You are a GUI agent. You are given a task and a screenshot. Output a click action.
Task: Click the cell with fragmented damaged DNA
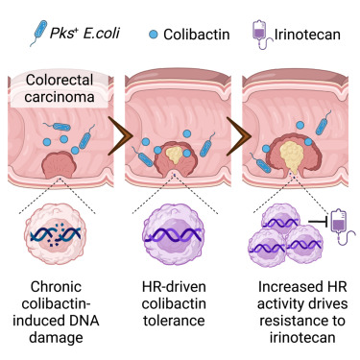tap(60, 234)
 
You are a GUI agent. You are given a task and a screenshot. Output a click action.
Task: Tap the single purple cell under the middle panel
tap(179, 233)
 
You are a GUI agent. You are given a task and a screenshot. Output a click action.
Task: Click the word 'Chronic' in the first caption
tap(60, 288)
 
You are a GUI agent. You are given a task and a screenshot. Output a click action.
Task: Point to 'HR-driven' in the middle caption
tap(180, 288)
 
